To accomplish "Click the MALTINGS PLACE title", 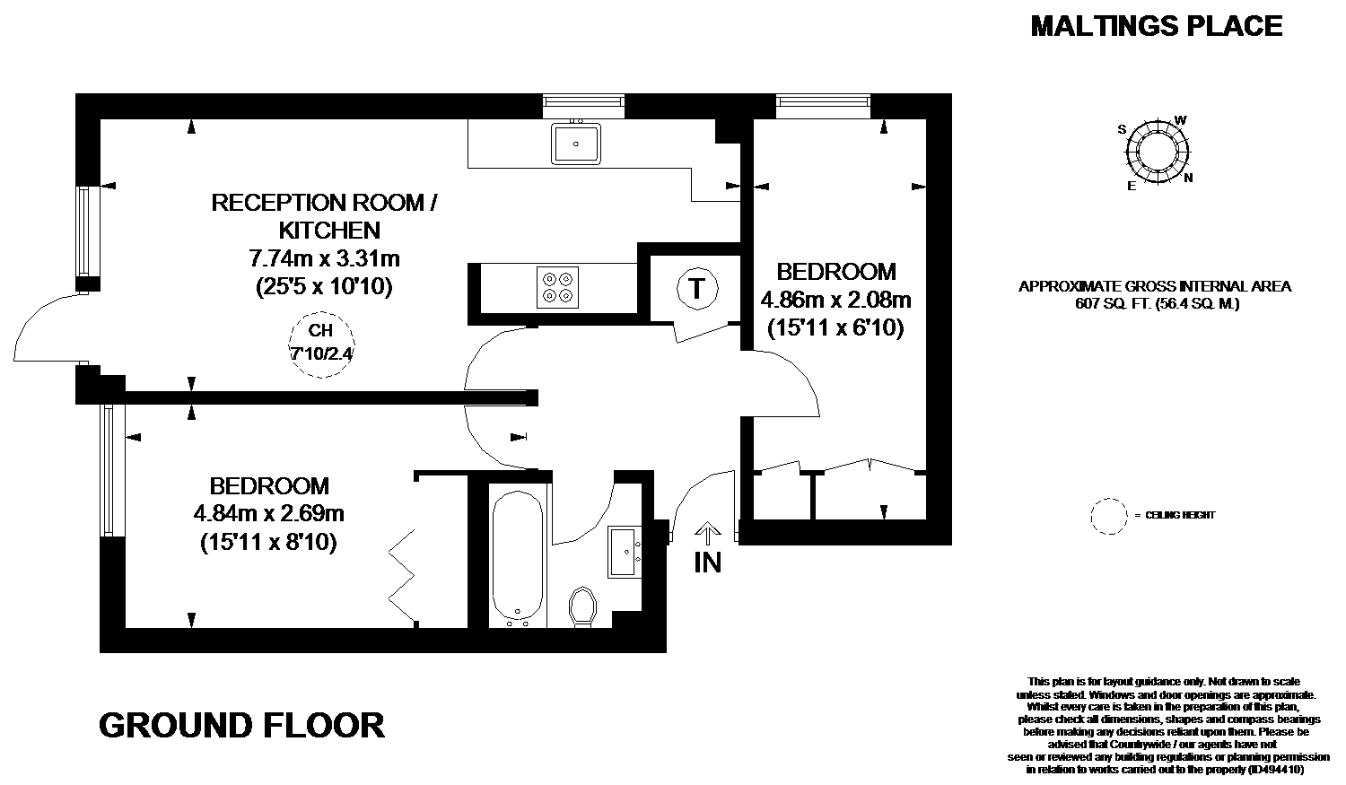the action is (1156, 26).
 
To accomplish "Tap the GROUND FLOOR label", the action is (241, 726).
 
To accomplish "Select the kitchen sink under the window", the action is (576, 143).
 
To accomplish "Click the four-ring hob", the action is (557, 287).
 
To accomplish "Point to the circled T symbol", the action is (697, 289).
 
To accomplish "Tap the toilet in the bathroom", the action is (582, 606).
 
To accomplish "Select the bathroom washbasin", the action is (625, 552).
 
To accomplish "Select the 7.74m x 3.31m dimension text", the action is (325, 258).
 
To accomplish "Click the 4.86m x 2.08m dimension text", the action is (835, 299).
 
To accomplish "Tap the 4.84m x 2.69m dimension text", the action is (268, 514).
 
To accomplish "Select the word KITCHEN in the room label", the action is (330, 230).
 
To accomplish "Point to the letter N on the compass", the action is (1188, 178).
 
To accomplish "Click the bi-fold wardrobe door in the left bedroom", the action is (403, 577).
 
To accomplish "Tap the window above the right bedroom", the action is (823, 106).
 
